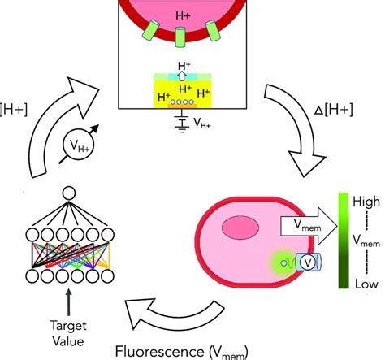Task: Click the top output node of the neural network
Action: click(69, 193)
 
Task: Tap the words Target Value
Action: click(68, 333)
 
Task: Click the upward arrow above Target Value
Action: click(69, 302)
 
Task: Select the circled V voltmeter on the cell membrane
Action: click(308, 262)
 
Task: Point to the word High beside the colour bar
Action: click(366, 202)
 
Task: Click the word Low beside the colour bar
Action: click(366, 284)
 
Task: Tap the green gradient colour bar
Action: click(344, 241)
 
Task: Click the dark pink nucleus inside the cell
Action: click(240, 228)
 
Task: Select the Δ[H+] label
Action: click(334, 111)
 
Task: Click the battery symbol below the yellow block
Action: click(182, 123)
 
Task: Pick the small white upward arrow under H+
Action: click(182, 76)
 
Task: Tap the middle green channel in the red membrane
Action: click(180, 37)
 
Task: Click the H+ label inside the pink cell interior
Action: click(184, 15)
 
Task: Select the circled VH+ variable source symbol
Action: click(79, 144)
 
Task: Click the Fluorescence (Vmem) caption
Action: click(182, 352)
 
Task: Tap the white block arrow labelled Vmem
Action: click(309, 226)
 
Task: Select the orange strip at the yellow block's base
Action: click(182, 106)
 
